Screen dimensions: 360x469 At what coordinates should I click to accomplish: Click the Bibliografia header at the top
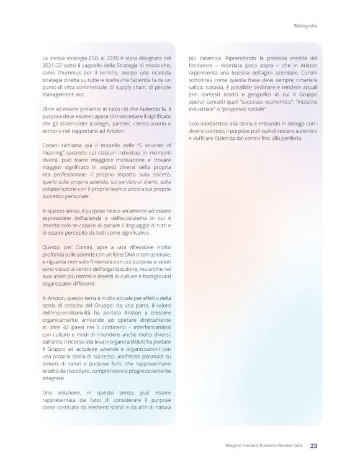pyautogui.click(x=305, y=25)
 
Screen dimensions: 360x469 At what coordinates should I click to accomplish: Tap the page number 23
pyautogui.click(x=314, y=445)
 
